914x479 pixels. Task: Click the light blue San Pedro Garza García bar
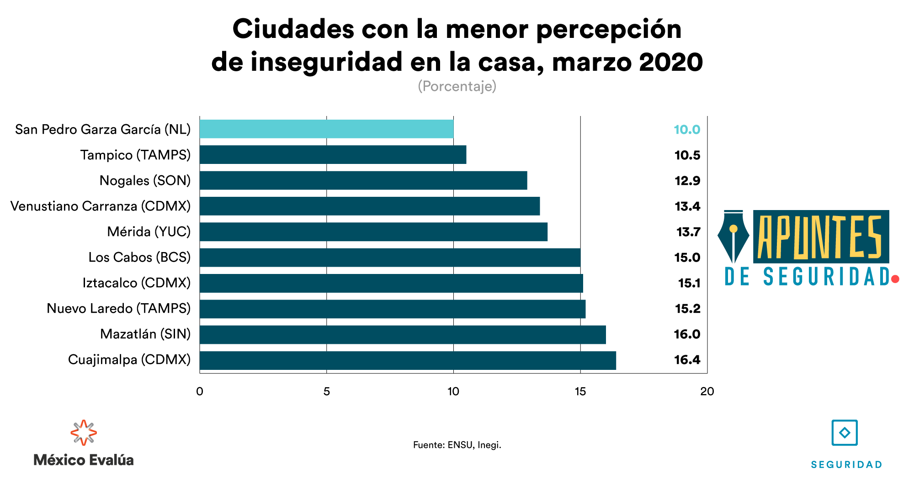pos(326,129)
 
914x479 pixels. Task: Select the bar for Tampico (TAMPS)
pos(333,155)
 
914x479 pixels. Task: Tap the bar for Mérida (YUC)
pos(373,232)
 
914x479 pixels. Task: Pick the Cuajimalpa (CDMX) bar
pos(408,360)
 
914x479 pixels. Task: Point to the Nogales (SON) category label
pos(145,180)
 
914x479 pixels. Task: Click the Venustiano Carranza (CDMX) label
pos(101,206)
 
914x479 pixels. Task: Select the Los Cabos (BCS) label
pos(139,257)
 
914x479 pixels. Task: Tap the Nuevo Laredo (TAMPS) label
pos(118,308)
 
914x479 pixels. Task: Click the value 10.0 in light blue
pos(687,130)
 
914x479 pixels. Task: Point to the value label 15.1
pos(689,283)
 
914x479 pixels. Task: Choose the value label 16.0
pos(687,334)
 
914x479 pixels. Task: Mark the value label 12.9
pos(687,181)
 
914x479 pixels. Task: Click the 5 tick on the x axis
pos(326,391)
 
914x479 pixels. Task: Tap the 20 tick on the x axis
pos(707,391)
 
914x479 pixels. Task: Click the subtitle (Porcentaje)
pos(457,86)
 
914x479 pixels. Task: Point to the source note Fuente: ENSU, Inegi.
pos(457,445)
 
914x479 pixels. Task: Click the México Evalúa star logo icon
pos(84,432)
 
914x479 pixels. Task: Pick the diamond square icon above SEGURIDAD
pos(845,432)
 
